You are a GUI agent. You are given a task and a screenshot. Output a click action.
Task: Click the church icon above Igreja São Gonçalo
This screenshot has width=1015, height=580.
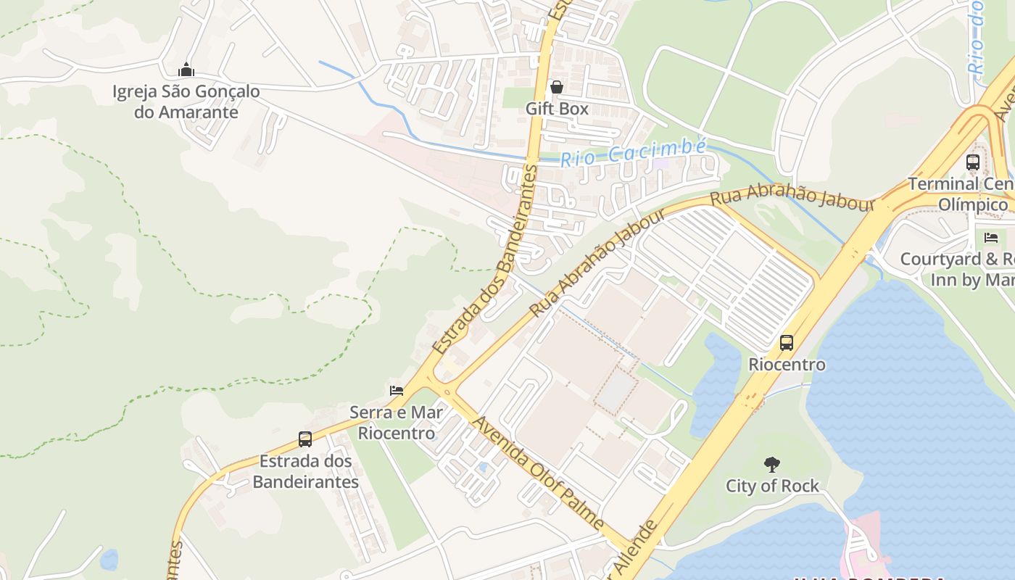186,70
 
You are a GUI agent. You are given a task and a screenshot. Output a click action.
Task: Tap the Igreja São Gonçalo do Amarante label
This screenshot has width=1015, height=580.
186,102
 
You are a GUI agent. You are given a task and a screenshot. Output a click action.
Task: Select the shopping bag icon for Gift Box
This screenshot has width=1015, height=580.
557,88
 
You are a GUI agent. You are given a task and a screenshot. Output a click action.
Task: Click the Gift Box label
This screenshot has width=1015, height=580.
557,109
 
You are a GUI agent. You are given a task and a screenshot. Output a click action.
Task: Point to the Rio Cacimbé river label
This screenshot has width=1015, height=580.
633,152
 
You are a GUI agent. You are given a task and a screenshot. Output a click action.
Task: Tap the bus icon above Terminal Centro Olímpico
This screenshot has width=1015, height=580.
973,162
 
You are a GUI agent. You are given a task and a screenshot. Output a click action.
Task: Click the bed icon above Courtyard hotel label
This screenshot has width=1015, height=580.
991,238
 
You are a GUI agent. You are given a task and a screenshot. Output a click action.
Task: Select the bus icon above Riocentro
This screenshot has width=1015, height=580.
787,343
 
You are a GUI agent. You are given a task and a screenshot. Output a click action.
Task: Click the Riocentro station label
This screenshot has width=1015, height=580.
787,364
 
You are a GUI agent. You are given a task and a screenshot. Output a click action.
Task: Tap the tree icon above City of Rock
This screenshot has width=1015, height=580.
773,465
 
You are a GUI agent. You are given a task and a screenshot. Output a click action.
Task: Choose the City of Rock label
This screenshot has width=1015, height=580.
773,486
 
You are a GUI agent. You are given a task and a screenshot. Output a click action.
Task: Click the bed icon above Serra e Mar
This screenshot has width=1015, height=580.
397,391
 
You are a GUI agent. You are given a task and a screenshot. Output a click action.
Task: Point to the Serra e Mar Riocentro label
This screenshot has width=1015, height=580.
396,423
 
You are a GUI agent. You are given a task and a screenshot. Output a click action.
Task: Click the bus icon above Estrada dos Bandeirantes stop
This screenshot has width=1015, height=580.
305,439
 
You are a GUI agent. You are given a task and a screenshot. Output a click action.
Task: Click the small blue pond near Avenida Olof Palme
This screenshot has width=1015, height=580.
484,468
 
